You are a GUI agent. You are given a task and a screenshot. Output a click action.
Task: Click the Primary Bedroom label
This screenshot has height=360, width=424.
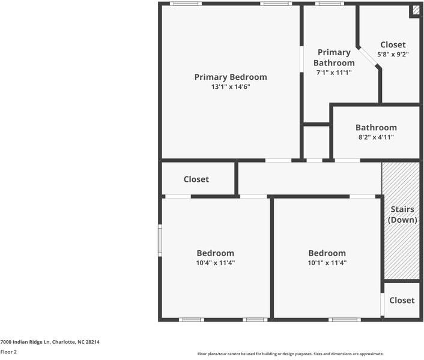(x=231, y=77)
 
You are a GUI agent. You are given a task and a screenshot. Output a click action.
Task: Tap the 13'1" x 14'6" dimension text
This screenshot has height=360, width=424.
(x=231, y=86)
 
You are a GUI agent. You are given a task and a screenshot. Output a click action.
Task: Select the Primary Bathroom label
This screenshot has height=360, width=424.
(x=334, y=58)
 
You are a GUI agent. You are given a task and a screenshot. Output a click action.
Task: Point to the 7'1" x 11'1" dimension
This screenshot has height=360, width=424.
(x=334, y=73)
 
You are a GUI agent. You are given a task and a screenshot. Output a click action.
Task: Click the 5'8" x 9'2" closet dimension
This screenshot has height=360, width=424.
(x=393, y=54)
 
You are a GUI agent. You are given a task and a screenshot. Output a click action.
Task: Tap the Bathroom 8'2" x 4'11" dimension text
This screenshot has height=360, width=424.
(x=376, y=137)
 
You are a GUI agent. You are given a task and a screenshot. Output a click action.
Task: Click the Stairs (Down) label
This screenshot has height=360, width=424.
(x=402, y=214)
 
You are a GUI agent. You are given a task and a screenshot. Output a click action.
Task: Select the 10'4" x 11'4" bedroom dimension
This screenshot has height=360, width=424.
(x=216, y=263)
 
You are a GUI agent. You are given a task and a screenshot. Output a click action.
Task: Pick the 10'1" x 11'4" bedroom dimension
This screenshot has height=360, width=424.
(x=327, y=263)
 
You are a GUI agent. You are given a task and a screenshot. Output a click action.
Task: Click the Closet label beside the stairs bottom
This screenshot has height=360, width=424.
(x=402, y=301)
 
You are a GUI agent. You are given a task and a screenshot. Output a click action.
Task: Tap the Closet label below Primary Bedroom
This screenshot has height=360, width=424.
(x=196, y=179)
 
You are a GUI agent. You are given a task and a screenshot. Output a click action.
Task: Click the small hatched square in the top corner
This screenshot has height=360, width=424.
(x=416, y=10)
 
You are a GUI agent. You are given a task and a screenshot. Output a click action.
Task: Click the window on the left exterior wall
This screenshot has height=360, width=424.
(x=160, y=241)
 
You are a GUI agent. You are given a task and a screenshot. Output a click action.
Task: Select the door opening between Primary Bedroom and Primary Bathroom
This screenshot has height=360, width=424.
(x=301, y=59)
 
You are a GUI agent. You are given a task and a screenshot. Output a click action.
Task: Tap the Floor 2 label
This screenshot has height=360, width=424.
(x=8, y=352)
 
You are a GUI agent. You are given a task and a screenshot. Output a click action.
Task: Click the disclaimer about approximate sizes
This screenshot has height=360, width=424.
(x=291, y=354)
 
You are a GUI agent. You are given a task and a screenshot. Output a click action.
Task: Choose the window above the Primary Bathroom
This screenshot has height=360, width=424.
(x=329, y=4)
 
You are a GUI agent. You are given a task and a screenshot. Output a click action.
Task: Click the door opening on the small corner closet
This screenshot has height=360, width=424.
(x=383, y=304)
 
